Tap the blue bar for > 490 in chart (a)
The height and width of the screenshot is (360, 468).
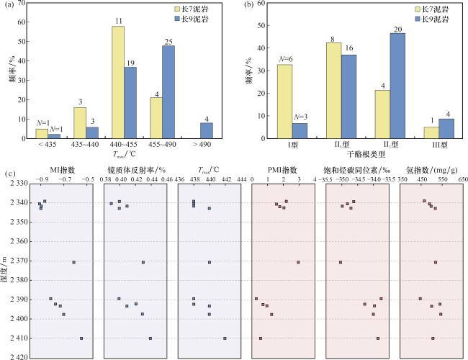206,131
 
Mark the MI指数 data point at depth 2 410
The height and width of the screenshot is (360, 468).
81,338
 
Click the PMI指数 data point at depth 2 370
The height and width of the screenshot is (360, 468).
298,262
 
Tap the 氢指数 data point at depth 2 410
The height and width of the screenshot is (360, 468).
433,338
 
